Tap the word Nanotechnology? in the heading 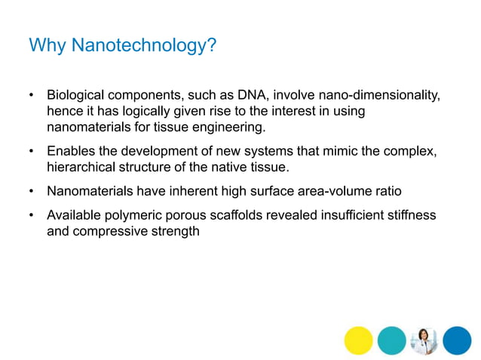click(144, 46)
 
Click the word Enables click(72, 151)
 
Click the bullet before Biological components click(32, 96)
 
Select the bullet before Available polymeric click(32, 216)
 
